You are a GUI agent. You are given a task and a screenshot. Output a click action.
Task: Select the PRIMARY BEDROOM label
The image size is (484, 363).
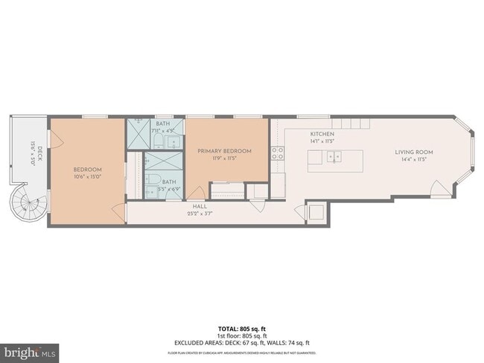pyautogui.click(x=224, y=151)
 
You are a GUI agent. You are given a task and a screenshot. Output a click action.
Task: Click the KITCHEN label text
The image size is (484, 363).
pyautogui.click(x=322, y=133)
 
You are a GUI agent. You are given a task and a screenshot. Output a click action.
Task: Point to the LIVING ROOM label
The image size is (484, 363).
pyautogui.click(x=413, y=152)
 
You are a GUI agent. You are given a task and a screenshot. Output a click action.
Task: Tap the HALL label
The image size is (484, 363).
pyautogui.click(x=200, y=206)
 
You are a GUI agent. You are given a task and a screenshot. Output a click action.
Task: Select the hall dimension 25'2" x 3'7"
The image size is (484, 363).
pyautogui.click(x=200, y=213)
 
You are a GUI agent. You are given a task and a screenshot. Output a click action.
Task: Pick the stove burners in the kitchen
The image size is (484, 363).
pyautogui.click(x=277, y=153)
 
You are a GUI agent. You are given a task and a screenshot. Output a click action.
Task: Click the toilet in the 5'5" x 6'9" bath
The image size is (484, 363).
pyautogui.click(x=153, y=182)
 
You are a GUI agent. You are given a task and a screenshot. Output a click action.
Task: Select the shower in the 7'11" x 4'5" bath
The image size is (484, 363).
pyautogui.click(x=139, y=135)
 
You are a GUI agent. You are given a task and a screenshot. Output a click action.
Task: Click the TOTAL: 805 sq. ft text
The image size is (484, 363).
pyautogui.click(x=242, y=328)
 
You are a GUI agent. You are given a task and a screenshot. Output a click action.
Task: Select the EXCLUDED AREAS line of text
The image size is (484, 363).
pyautogui.click(x=242, y=342)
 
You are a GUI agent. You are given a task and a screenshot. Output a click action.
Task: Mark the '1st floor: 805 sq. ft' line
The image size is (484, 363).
pyautogui.click(x=242, y=335)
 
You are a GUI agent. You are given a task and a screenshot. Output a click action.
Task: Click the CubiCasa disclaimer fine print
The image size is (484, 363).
pyautogui.click(x=242, y=352)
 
